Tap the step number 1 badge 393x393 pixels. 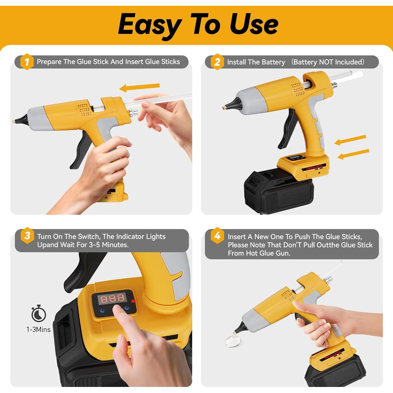pos(27,62)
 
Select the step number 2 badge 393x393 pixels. pos(217,62)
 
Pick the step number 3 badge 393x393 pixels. pos(27,236)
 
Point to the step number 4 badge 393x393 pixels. pos(217,236)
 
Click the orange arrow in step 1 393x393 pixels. pos(139,87)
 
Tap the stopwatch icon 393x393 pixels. pos(39,313)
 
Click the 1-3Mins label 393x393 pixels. pos(39,330)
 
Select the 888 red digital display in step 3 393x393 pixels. pos(112,298)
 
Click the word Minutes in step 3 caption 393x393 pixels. pos(115,245)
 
